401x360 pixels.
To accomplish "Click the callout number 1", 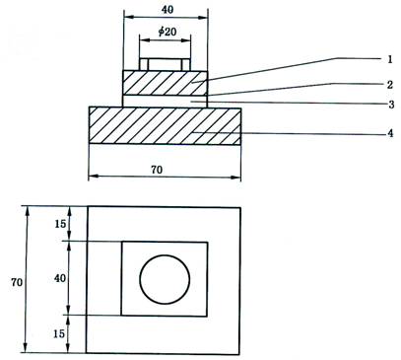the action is click(x=390, y=59).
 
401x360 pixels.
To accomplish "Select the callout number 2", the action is click(x=390, y=85).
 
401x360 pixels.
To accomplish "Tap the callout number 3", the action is click(x=391, y=105).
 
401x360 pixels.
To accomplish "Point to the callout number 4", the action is click(x=390, y=133).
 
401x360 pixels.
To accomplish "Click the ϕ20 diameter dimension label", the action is click(x=167, y=32).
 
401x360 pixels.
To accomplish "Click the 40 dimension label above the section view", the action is click(x=167, y=10).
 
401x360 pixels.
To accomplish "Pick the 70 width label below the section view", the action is click(x=157, y=170).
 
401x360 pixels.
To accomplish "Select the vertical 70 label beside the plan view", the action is click(x=17, y=282).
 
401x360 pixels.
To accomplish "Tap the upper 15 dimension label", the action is click(x=60, y=224).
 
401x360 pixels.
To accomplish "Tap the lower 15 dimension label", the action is click(x=59, y=333).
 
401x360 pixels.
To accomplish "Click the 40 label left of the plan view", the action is click(x=60, y=278).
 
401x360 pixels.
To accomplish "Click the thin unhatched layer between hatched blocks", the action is click(x=166, y=101).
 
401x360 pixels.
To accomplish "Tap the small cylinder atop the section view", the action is click(x=165, y=64).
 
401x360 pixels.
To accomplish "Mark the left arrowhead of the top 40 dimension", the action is click(x=128, y=17).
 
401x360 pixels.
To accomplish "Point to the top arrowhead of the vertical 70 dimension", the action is click(x=28, y=211).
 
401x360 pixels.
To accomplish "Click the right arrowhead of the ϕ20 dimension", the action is click(x=186, y=40).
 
